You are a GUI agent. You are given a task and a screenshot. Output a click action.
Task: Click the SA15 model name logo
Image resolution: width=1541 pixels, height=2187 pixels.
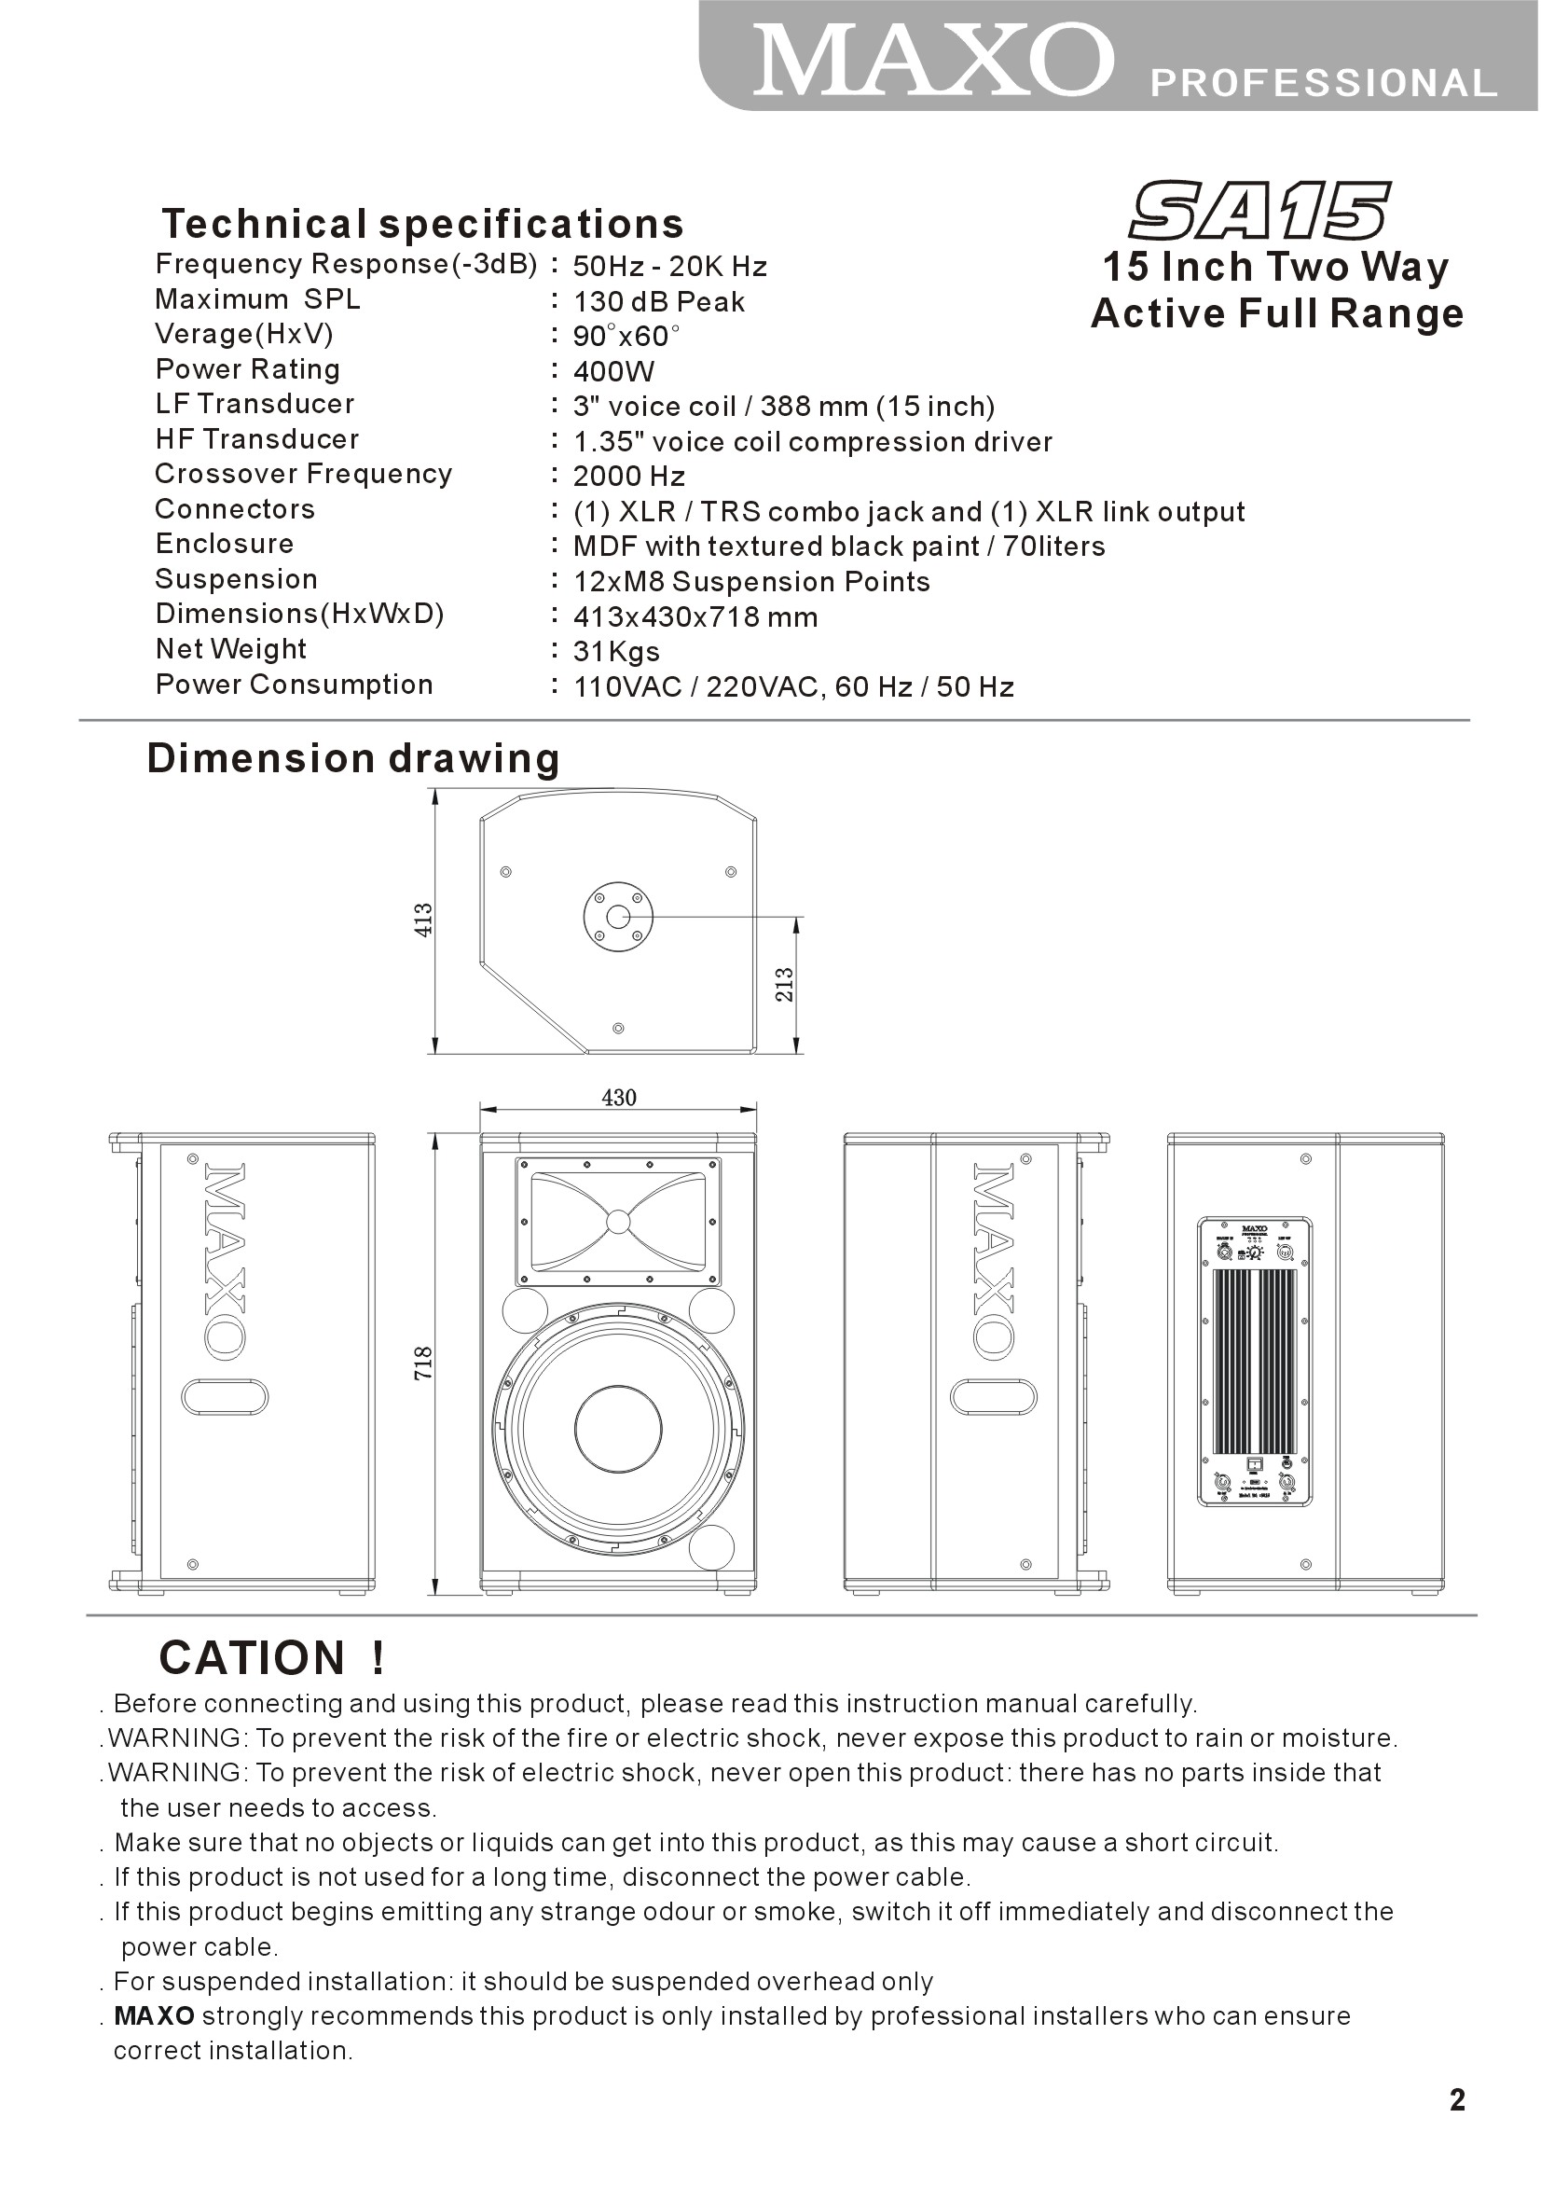pos(1259,211)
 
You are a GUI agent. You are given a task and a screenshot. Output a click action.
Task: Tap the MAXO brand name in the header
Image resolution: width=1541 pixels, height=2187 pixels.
pos(933,61)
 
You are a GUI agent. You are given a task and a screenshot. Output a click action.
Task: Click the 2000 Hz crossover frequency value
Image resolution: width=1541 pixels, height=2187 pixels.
pos(628,477)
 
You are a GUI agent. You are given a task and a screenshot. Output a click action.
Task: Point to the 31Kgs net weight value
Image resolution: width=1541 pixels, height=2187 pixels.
pos(616,653)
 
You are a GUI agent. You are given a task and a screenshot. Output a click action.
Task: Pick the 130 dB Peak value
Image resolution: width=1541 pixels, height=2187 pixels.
pos(658,302)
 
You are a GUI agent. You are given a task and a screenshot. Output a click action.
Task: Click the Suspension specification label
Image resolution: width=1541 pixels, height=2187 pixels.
pos(236,579)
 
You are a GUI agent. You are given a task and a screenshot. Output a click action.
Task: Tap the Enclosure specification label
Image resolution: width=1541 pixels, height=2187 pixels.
pos(225,544)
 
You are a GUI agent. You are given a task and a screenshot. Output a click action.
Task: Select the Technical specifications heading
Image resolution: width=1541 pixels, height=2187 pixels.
pos(423,224)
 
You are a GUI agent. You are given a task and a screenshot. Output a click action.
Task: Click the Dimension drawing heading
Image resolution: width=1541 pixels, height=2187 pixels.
pos(352,758)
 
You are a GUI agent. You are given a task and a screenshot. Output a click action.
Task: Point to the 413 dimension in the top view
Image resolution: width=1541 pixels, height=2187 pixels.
pos(424,920)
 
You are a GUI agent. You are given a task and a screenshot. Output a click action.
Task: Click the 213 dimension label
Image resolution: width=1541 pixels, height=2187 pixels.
pos(784,984)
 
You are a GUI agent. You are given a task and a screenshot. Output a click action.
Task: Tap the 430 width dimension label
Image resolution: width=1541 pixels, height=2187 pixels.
pos(619,1099)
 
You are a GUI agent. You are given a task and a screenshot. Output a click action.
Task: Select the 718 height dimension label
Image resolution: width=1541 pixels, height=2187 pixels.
pos(424,1363)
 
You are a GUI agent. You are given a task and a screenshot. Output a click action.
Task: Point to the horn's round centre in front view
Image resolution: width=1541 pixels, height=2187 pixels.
pos(618,1221)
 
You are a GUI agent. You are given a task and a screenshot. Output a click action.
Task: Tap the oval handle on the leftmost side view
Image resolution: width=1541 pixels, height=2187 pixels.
pos(225,1397)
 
